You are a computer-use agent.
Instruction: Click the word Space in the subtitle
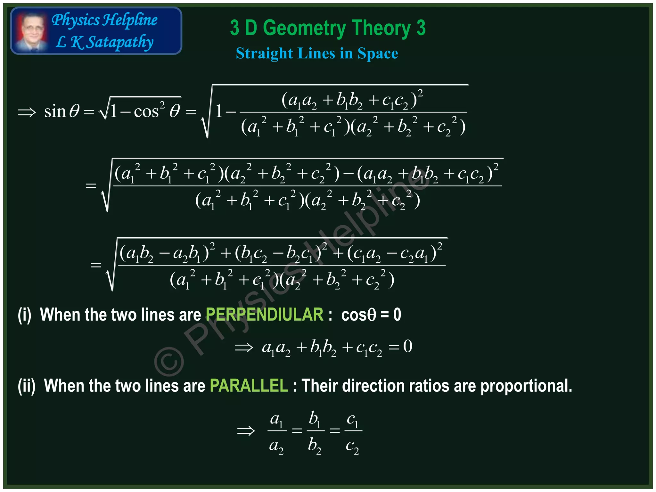click(378, 53)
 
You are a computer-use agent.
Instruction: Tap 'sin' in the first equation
click(55, 112)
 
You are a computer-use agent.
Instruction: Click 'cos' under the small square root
click(146, 112)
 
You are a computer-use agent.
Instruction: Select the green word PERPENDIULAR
click(264, 315)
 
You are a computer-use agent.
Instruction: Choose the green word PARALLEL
click(249, 385)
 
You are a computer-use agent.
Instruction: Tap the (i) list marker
click(25, 315)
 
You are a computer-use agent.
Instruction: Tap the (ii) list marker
click(27, 385)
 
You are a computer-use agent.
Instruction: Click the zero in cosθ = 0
click(397, 315)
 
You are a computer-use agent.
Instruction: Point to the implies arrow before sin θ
click(27, 112)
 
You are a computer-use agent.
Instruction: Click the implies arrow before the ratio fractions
click(246, 431)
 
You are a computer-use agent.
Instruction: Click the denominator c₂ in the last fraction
click(352, 446)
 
